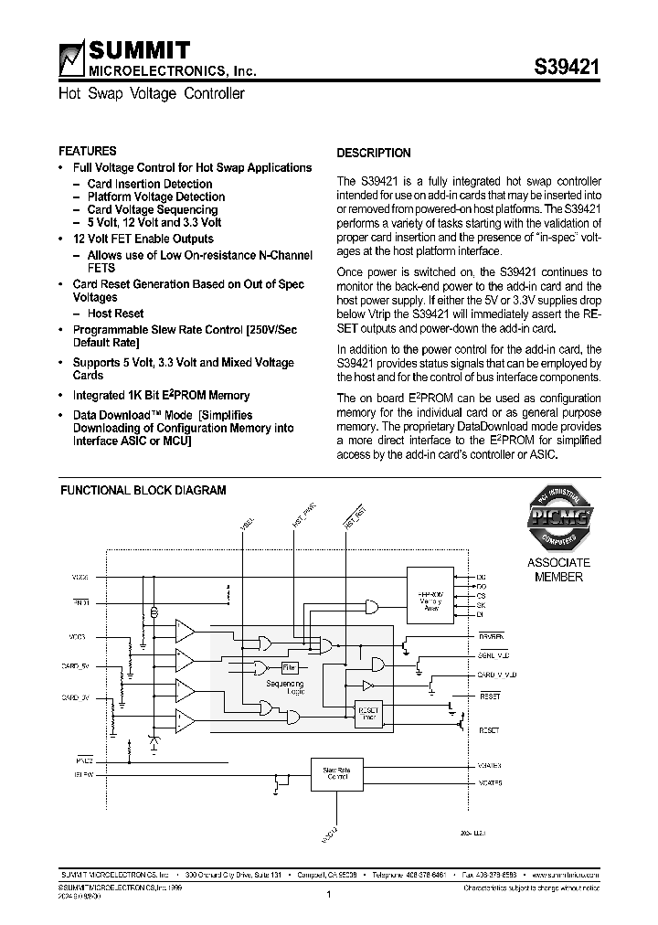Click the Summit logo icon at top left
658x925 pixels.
70,58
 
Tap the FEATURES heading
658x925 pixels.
87,151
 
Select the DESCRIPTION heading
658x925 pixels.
374,153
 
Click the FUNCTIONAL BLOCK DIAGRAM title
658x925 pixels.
143,490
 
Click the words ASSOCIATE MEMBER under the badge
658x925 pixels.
558,569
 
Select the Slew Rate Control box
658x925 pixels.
336,774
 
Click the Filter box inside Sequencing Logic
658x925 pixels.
289,667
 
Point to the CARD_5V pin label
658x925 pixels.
75,666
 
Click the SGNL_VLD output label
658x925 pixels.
493,655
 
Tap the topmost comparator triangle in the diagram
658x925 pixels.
185,630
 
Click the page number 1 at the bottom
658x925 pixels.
327,895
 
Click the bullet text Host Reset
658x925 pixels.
115,314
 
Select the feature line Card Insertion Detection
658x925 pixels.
149,184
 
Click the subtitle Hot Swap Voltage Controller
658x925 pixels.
152,94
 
